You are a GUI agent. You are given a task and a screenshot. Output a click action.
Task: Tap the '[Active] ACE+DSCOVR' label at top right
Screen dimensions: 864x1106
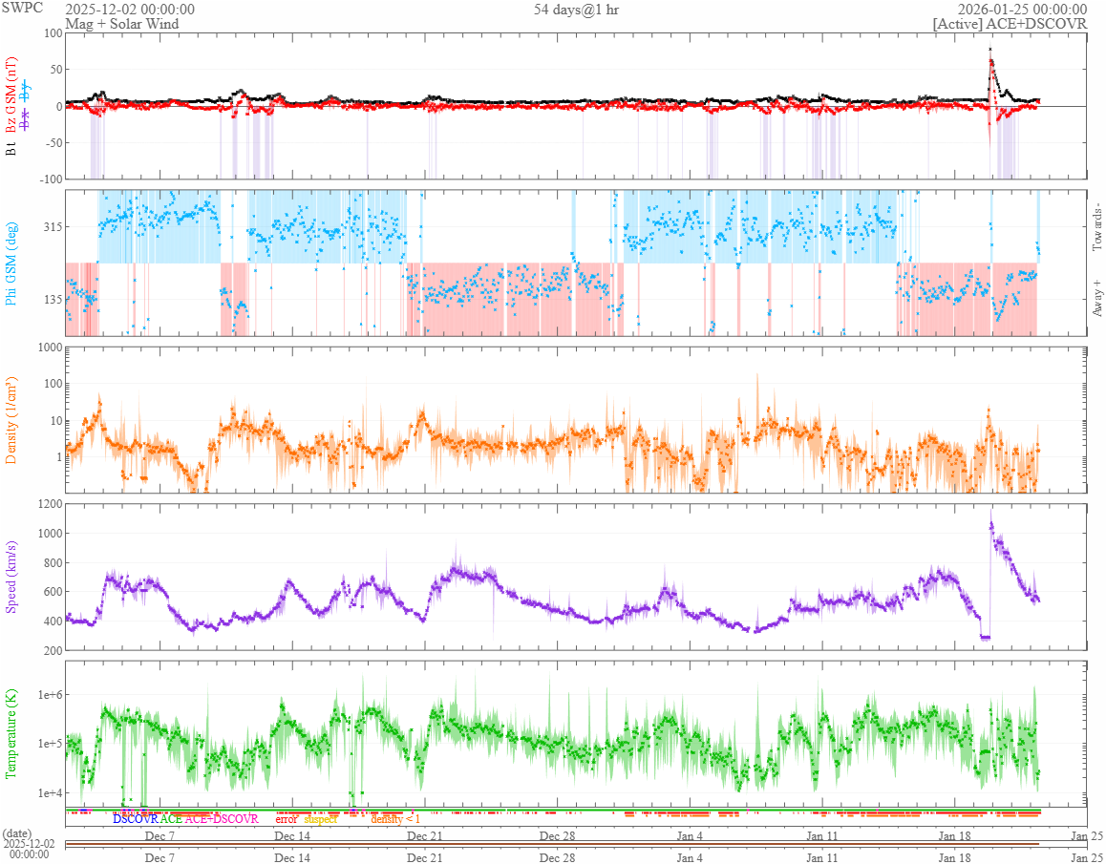click(1010, 24)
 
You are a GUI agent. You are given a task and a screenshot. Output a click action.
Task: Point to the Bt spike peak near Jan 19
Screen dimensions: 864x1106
click(990, 49)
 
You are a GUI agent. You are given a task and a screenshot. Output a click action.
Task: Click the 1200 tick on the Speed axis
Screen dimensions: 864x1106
click(48, 504)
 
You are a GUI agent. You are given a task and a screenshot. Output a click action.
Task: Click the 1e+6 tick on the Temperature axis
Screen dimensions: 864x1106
click(46, 694)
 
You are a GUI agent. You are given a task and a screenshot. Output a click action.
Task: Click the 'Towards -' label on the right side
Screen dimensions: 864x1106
click(1096, 227)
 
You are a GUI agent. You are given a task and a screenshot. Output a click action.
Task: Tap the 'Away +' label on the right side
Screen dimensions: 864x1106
click(1096, 298)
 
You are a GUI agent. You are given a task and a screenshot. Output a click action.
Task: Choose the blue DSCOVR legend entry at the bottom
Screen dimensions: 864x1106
click(135, 819)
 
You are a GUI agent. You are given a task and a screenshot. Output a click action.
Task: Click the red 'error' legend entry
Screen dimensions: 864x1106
click(287, 819)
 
